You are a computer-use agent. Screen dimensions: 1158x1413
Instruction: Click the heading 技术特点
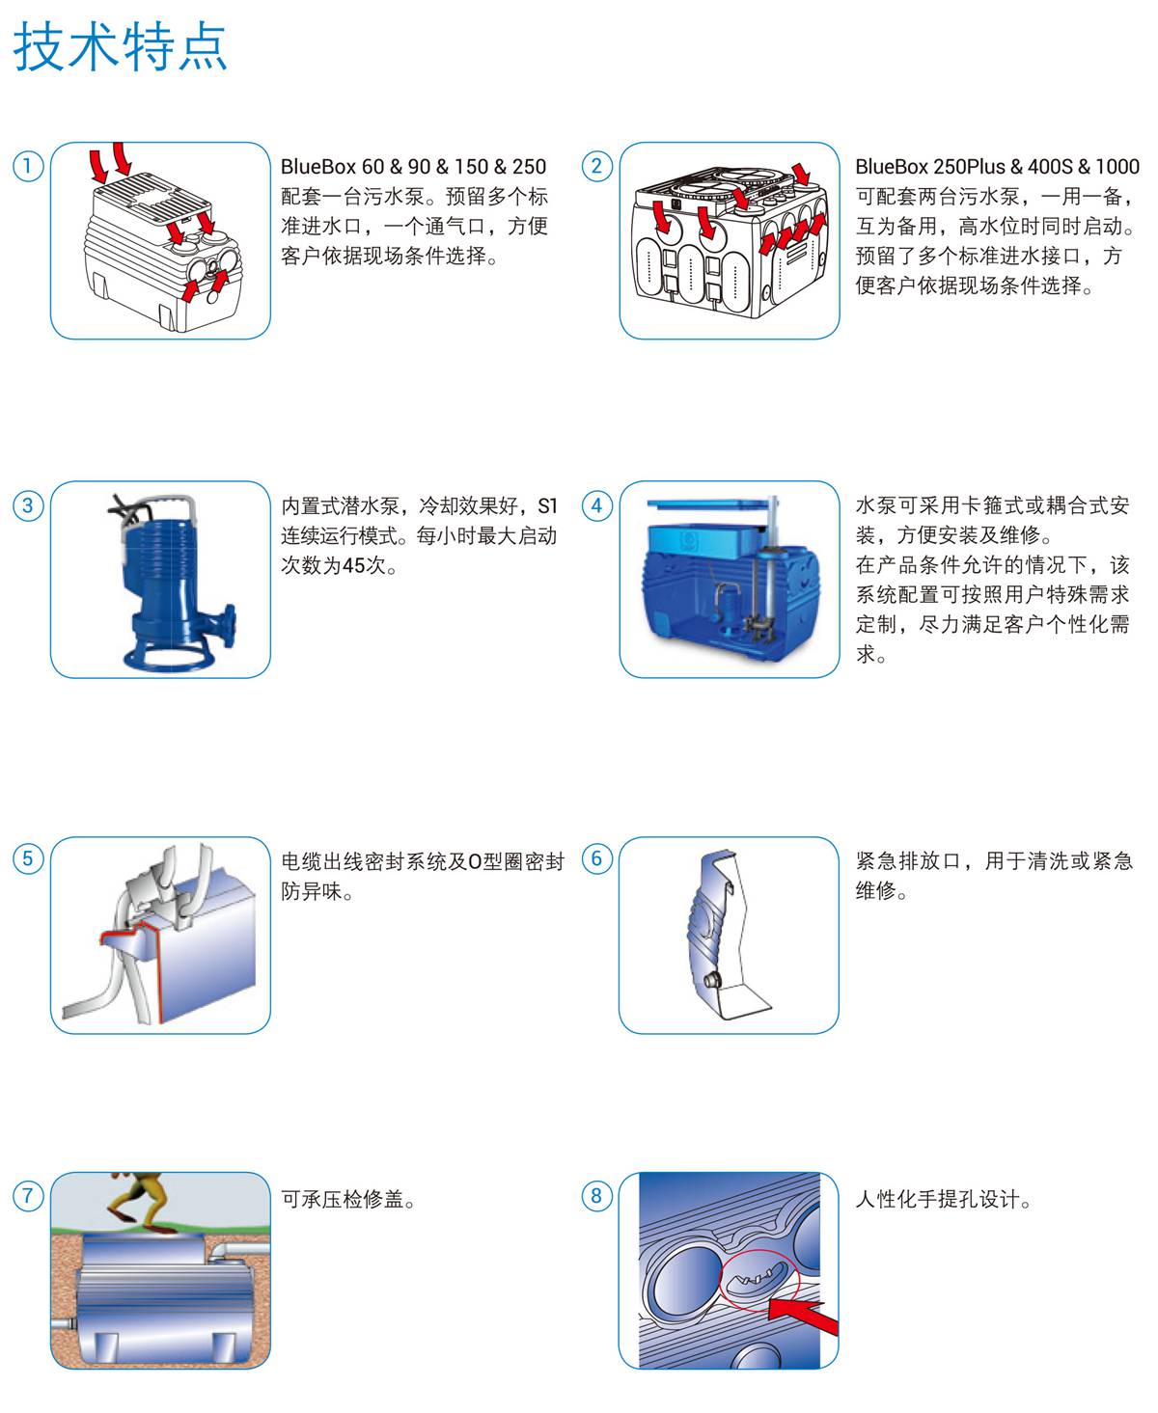[121, 46]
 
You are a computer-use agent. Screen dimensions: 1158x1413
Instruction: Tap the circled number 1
[28, 166]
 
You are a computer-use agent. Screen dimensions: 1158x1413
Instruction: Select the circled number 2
[596, 166]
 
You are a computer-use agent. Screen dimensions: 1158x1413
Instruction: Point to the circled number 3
[28, 505]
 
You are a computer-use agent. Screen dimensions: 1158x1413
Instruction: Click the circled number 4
[596, 505]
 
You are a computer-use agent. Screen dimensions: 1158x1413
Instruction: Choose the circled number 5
[28, 859]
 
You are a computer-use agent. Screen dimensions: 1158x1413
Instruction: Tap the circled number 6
[596, 859]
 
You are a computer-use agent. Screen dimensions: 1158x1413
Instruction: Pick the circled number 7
[28, 1196]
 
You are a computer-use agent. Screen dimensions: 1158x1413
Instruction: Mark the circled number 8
[596, 1196]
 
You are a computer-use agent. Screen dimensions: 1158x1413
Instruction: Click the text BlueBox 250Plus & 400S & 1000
[997, 166]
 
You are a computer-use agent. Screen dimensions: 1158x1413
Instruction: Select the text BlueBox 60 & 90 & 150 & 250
[413, 166]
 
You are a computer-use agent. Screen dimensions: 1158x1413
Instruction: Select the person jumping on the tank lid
[142, 1203]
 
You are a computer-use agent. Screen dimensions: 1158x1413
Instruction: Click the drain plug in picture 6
[711, 980]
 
